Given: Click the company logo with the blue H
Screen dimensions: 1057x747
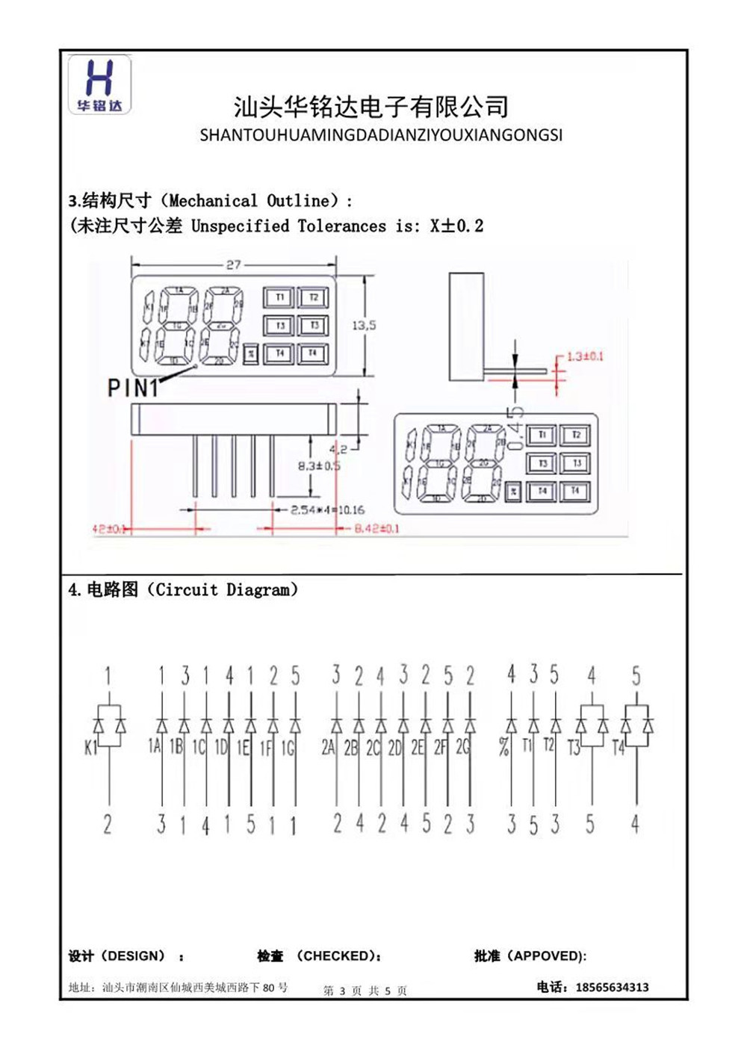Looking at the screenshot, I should tap(99, 84).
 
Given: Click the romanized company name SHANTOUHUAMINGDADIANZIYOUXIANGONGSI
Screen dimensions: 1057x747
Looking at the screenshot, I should tap(381, 135).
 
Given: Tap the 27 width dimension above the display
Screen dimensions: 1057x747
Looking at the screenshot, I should tap(233, 264).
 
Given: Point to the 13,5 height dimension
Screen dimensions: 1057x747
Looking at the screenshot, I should tap(364, 326).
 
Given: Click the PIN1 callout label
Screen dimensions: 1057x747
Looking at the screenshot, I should tap(133, 388).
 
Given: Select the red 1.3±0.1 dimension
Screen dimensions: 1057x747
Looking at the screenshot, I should tap(584, 356).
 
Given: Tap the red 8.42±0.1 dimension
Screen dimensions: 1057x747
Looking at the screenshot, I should tap(376, 528).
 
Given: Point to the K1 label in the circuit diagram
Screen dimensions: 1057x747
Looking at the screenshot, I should tap(90, 747).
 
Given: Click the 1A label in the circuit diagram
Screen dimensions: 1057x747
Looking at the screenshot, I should tap(154, 746).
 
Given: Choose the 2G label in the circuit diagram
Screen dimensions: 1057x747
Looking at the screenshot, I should tap(462, 747).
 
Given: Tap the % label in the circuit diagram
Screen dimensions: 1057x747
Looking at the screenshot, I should tap(503, 746).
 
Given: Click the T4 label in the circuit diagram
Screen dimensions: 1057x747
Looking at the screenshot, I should tap(618, 747).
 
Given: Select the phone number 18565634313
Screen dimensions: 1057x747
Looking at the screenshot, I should tap(612, 988).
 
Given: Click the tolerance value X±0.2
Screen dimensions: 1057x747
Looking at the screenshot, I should tap(456, 226).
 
